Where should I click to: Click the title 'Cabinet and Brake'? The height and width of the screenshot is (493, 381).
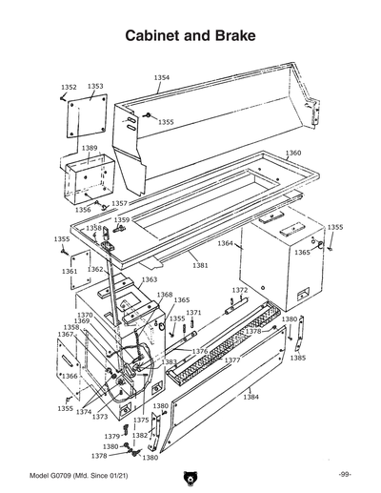(x=190, y=36)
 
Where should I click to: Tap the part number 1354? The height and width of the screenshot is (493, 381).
(x=162, y=77)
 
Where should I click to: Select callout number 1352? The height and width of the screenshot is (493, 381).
(x=69, y=87)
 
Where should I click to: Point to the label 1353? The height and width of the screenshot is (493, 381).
(x=95, y=86)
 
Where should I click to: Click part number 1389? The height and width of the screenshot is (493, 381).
(x=89, y=148)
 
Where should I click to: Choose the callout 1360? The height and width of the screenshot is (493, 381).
(x=293, y=154)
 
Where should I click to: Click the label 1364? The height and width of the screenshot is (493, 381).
(x=225, y=244)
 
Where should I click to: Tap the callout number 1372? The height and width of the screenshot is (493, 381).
(x=240, y=290)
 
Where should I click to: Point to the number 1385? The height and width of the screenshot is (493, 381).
(x=298, y=359)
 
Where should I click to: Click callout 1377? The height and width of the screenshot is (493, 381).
(x=232, y=361)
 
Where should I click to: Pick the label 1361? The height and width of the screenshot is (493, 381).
(x=70, y=272)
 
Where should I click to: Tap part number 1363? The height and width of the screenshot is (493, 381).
(x=150, y=280)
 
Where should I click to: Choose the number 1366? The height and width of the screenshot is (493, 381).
(x=70, y=376)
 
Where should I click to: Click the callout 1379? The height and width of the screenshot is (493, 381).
(x=112, y=437)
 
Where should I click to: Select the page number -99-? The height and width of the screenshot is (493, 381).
(x=344, y=474)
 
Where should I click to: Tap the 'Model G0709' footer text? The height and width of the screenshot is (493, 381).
(x=72, y=474)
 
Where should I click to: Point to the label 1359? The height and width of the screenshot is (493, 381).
(x=122, y=220)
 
